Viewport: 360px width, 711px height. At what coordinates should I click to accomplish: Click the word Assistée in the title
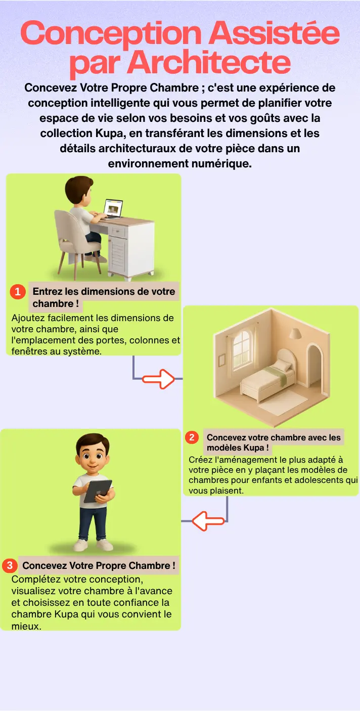click(274, 33)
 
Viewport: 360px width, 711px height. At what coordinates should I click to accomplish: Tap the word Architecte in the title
click(209, 62)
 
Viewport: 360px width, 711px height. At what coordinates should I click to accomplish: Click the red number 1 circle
click(18, 291)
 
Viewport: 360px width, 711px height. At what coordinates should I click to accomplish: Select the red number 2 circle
click(192, 437)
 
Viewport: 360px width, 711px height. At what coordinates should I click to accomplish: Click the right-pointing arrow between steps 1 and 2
click(158, 379)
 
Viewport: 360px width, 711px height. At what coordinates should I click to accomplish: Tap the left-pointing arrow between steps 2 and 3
click(208, 521)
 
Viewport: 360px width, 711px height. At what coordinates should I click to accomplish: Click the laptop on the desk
click(112, 209)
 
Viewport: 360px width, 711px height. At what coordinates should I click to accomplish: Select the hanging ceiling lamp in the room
click(296, 333)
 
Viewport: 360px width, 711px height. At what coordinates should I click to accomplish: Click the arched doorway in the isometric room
click(314, 365)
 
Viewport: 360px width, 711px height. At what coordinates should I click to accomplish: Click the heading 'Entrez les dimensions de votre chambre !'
click(104, 297)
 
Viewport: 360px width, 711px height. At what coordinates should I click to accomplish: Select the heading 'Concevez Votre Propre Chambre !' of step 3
click(99, 565)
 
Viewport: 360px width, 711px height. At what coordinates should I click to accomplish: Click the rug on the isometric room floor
click(283, 403)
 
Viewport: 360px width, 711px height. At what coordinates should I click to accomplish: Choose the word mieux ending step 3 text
click(26, 626)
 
